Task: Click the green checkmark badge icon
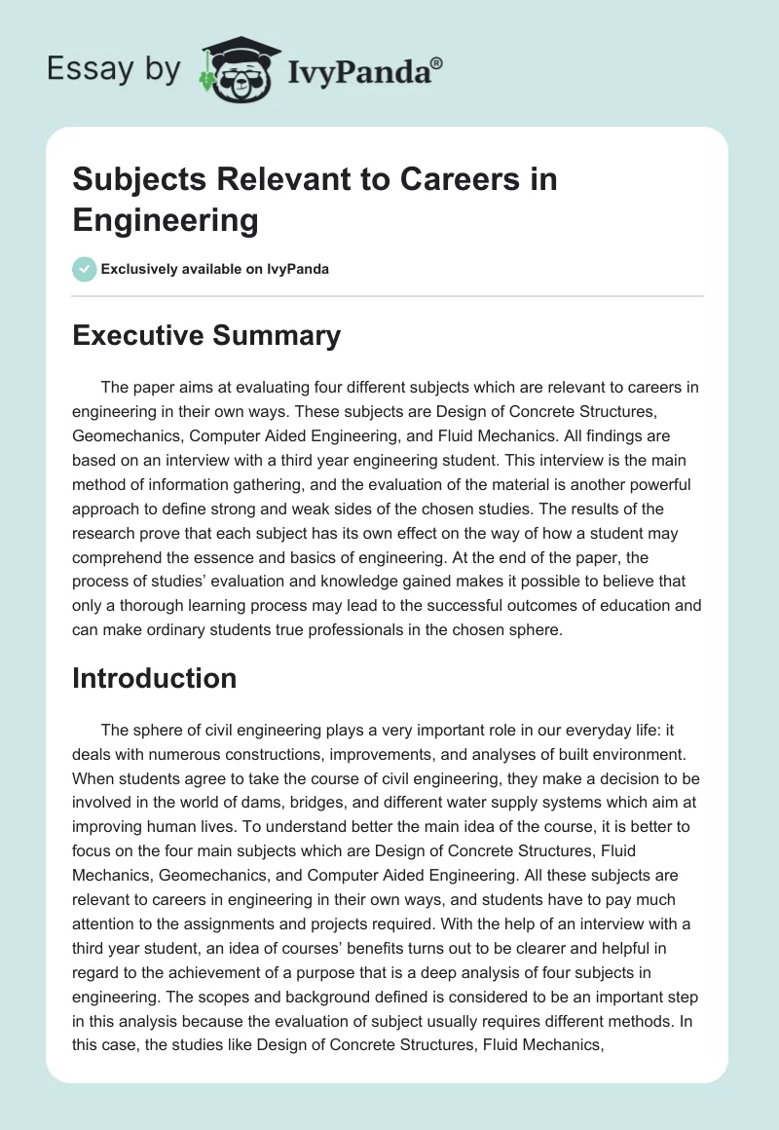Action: point(86,269)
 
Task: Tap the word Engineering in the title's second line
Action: point(166,221)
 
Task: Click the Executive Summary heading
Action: point(206,336)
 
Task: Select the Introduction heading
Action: point(155,678)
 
